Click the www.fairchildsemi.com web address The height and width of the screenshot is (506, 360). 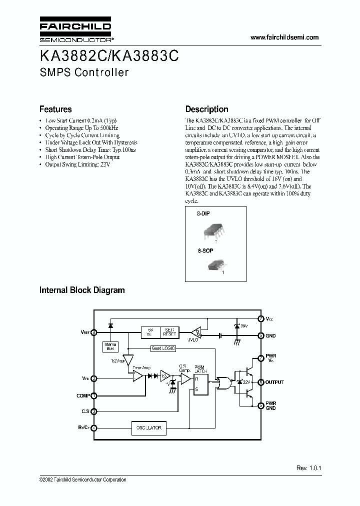(284, 38)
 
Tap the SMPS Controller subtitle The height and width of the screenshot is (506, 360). (84, 72)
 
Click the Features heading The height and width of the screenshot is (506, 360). (55, 109)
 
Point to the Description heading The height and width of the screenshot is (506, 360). (206, 109)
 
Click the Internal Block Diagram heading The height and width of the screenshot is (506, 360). (82, 290)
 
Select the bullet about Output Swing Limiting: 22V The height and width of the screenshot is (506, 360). (77, 164)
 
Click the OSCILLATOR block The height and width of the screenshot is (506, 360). (149, 427)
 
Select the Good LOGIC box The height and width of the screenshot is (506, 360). (163, 348)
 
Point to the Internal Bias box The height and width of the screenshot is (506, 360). (109, 346)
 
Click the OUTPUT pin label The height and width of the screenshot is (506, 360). (274, 382)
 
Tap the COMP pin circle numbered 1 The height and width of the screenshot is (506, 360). (94, 395)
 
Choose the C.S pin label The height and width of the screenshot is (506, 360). (85, 411)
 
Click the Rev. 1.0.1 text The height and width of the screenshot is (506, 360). (308, 468)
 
